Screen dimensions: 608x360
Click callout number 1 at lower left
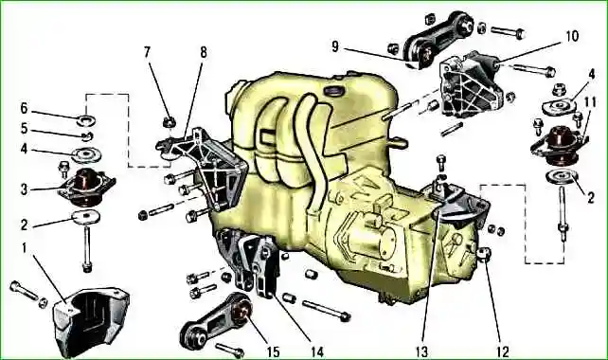(25, 248)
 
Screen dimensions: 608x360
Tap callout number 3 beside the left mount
(24, 189)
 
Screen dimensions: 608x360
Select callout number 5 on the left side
(24, 129)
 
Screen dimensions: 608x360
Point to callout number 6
(24, 108)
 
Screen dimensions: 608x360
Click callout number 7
(147, 52)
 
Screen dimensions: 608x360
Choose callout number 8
(204, 52)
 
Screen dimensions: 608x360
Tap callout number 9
(335, 46)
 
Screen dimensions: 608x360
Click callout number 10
(572, 36)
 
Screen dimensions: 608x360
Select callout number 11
(589, 102)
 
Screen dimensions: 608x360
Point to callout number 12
(503, 351)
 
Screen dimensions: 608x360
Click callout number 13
(421, 351)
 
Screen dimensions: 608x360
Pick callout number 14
(316, 351)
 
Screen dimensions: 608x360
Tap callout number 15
(273, 351)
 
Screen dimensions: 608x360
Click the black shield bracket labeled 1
(91, 320)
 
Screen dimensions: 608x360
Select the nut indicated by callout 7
(169, 122)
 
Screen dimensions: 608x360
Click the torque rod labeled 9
(438, 39)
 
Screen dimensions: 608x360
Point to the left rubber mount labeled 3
(86, 187)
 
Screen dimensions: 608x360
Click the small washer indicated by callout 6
(87, 121)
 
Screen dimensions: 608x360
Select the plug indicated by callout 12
(485, 255)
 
